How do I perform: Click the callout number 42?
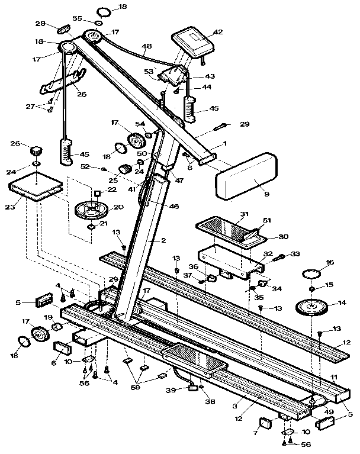pos(218,32)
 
